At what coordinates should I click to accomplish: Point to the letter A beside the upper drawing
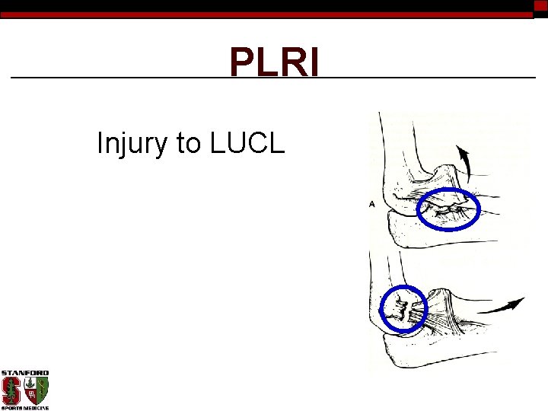pyautogui.click(x=373, y=203)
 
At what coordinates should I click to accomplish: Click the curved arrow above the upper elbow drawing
pyautogui.click(x=463, y=160)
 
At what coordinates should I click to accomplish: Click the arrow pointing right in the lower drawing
pyautogui.click(x=504, y=306)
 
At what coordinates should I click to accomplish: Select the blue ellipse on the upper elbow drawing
pyautogui.click(x=449, y=208)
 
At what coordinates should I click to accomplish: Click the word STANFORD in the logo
pyautogui.click(x=24, y=373)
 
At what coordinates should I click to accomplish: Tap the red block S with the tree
pyautogui.click(x=12, y=390)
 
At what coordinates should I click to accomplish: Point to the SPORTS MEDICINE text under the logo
pyautogui.click(x=24, y=407)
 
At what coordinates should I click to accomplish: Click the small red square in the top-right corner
pyautogui.click(x=540, y=5)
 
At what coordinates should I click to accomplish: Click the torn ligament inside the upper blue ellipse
pyautogui.click(x=448, y=206)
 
